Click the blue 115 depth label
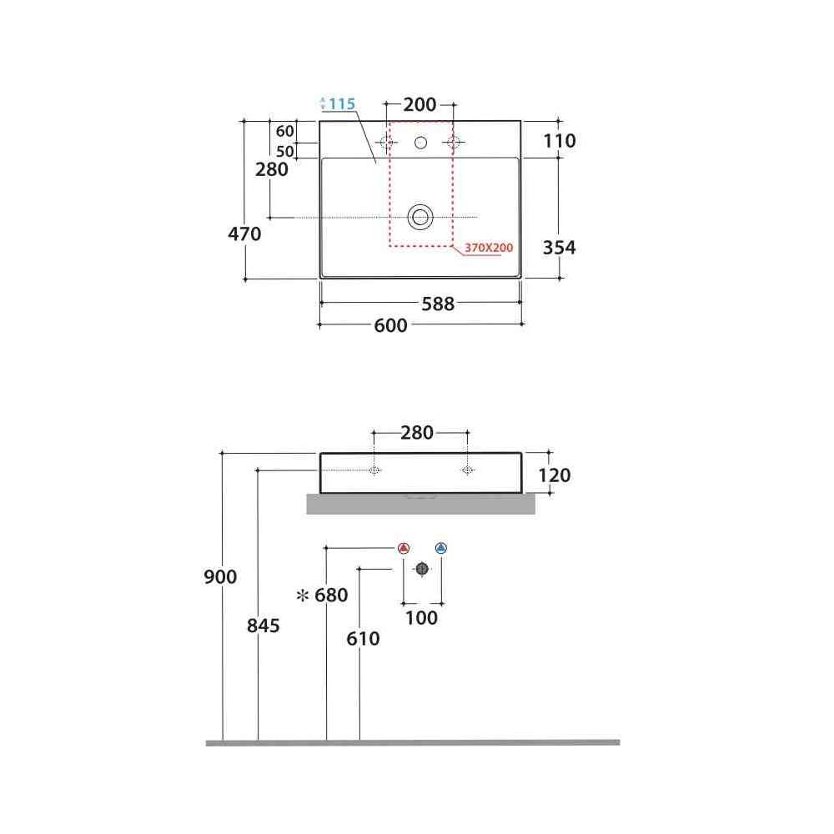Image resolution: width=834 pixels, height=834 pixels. pos(341,103)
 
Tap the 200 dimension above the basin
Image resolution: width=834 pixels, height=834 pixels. pos(420,104)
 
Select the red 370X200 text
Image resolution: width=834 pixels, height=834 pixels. pos(489,248)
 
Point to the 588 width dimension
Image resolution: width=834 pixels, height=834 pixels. pos(438,304)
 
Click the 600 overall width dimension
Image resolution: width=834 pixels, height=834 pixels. pos(390,325)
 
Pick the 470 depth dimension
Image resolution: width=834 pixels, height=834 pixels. pos(244,234)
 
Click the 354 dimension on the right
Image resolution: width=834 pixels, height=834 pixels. pos(559,248)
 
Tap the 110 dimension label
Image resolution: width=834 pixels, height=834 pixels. pos(559,141)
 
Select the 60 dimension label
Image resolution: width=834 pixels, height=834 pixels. pos(284,131)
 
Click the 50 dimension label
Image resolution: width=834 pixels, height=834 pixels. pos(284,152)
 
